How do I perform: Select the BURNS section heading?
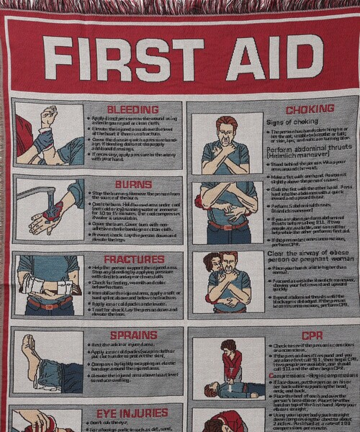[x=134, y=184]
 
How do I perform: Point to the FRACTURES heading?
[x=135, y=259]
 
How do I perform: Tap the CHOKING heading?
[x=310, y=109]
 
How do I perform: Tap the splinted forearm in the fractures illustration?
[x=43, y=287]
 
